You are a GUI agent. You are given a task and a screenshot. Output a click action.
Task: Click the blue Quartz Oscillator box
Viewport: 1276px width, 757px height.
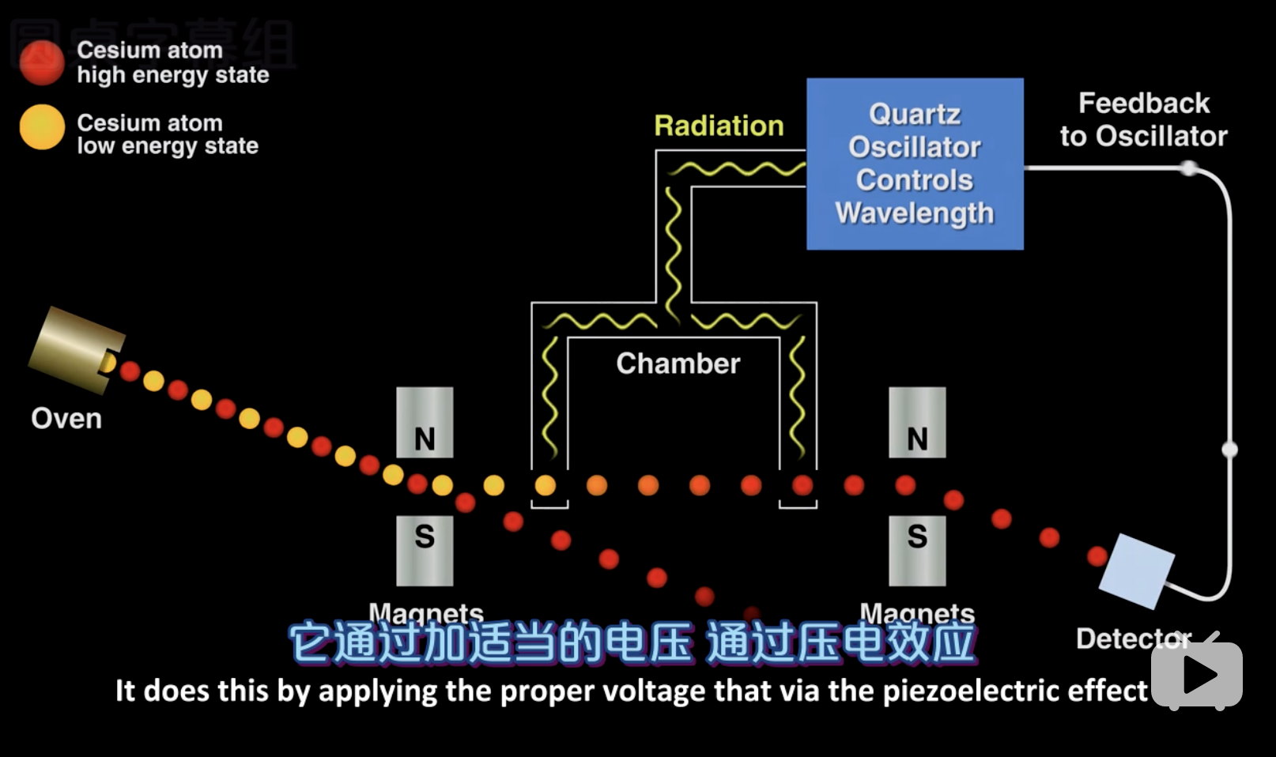[x=915, y=164]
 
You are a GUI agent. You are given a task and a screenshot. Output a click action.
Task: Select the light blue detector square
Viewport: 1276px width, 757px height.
[x=1136, y=571]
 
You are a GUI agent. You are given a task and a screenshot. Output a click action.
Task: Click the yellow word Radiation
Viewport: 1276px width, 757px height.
[x=719, y=126]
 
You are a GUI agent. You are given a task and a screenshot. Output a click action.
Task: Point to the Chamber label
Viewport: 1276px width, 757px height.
[x=678, y=363]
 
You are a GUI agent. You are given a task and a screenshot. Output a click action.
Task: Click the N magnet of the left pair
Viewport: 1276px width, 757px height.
[x=425, y=423]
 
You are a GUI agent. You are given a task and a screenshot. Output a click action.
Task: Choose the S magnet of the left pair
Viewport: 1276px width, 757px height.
[x=425, y=551]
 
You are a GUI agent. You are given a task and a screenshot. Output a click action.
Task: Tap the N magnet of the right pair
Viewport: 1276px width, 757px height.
[x=917, y=423]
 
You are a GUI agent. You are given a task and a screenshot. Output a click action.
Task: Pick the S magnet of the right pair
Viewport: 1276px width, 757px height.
[x=917, y=551]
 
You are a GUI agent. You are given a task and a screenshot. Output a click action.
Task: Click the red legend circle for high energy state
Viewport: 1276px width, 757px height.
[x=42, y=62]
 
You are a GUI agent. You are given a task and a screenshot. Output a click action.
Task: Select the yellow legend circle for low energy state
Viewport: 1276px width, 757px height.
[x=42, y=126]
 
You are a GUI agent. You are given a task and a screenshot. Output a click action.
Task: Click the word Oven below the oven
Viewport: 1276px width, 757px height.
[x=66, y=418]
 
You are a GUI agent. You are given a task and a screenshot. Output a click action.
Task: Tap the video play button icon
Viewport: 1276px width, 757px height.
[x=1197, y=674]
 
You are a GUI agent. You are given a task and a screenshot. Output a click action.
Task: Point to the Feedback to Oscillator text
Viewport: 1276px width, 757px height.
[x=1143, y=119]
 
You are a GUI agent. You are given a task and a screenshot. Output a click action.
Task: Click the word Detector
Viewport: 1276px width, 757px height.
[x=1132, y=638]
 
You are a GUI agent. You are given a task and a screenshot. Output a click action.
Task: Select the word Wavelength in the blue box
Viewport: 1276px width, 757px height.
[x=915, y=213]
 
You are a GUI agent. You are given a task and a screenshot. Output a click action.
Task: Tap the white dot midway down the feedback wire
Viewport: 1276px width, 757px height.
[x=1229, y=450]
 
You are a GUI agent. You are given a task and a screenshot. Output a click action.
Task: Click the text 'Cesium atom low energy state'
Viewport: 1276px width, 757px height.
[x=167, y=134]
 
